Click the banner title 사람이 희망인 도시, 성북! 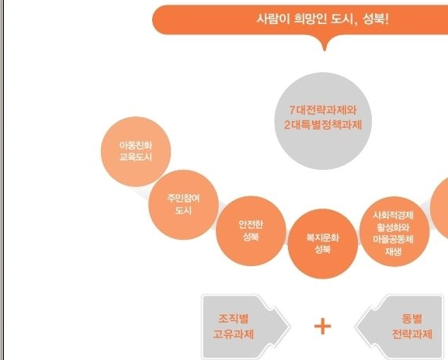coord(322,19)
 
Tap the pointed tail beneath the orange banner coord(325,43)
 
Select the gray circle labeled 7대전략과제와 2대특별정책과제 coord(323,121)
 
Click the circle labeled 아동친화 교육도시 coord(136,151)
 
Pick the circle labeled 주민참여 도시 coord(183,205)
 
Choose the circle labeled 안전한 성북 coord(251,231)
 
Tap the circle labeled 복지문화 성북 coord(322,244)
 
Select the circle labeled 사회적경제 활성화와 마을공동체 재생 coord(394,231)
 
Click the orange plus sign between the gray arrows coord(322,326)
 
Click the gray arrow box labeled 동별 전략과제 coord(399,327)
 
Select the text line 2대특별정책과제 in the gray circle coord(323,125)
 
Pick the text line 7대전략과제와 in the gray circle coord(323,110)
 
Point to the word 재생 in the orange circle coord(393,251)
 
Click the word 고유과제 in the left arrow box coord(234,334)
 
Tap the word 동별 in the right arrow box coord(412,318)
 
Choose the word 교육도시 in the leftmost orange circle coord(135,157)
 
